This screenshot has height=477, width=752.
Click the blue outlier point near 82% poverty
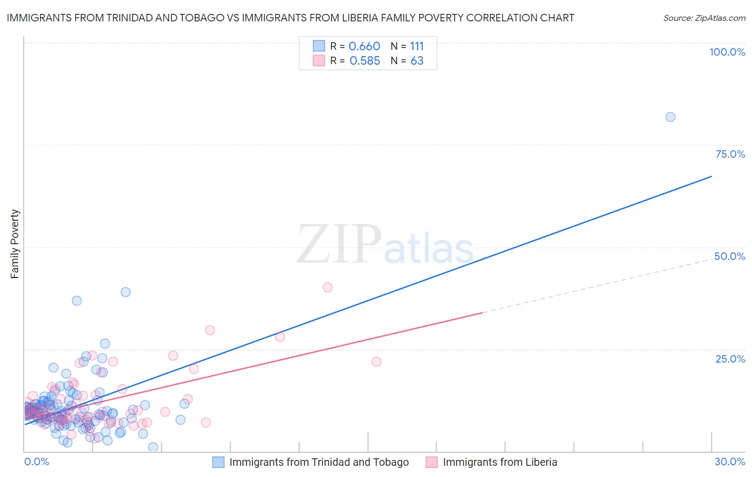670,117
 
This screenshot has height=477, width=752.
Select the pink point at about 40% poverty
327,287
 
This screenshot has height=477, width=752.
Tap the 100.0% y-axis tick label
727,52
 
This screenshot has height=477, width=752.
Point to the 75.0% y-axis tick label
730,154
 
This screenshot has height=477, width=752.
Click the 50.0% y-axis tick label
730,256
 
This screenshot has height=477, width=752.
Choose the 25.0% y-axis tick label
730,358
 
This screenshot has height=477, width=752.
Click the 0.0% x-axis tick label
36,461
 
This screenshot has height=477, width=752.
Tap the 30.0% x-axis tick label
730,461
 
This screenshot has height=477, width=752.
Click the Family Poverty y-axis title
14,244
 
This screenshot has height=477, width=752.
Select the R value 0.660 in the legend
364,47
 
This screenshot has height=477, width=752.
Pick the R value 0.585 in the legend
364,61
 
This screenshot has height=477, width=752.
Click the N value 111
417,47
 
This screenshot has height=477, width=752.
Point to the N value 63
417,61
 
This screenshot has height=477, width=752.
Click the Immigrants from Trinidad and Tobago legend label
319,462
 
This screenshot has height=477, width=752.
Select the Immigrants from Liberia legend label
500,462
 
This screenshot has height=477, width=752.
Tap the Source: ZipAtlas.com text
704,18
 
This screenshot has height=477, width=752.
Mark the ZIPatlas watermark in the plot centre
385,245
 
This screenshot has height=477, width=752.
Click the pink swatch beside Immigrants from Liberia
432,462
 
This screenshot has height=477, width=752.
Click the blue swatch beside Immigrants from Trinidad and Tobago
218,462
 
